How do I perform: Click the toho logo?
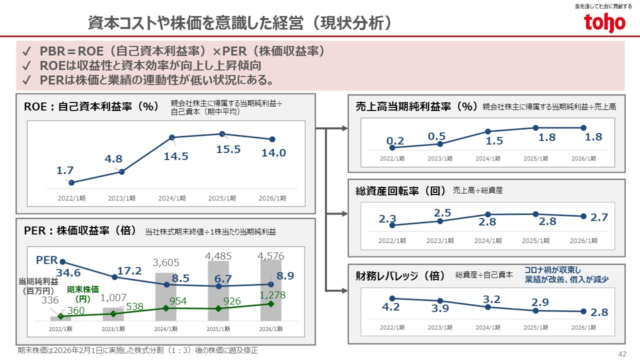604,22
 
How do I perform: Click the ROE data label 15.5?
228,149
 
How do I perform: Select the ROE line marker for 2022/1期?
71,182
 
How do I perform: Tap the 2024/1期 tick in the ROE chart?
172,198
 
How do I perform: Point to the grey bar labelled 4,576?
270,290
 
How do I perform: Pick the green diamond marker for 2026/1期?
271,303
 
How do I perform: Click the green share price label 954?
179,301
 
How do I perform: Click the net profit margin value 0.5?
436,136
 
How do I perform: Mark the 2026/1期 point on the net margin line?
583,127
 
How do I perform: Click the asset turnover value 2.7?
599,217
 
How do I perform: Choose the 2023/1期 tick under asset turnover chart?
439,240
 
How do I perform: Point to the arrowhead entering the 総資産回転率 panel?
344,214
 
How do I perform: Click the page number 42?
622,353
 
